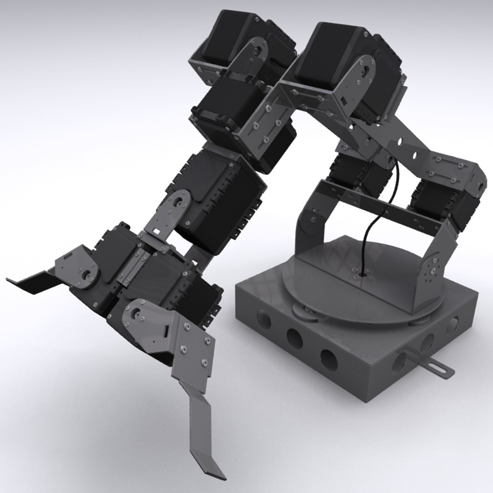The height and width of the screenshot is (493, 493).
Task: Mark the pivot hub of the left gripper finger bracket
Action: pos(85,274)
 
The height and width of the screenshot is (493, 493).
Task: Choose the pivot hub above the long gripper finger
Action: pos(136,314)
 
